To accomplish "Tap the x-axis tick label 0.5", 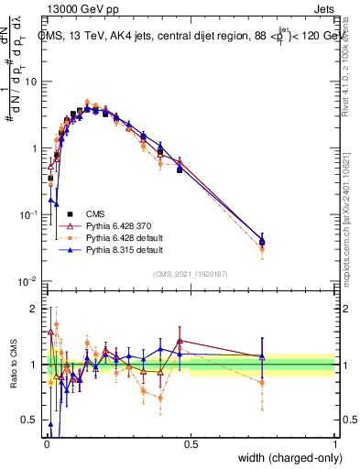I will [x=191, y=442].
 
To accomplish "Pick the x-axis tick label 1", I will [x=334, y=442].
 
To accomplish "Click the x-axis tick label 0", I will [x=46, y=442].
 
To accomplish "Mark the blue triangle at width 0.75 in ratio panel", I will [x=263, y=356].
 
